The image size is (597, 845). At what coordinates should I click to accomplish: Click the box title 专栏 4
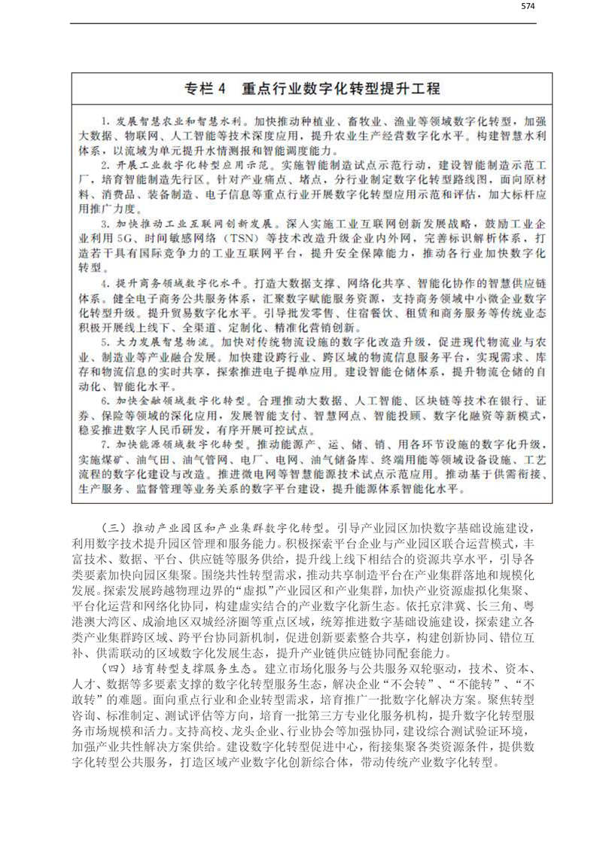tap(204, 88)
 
